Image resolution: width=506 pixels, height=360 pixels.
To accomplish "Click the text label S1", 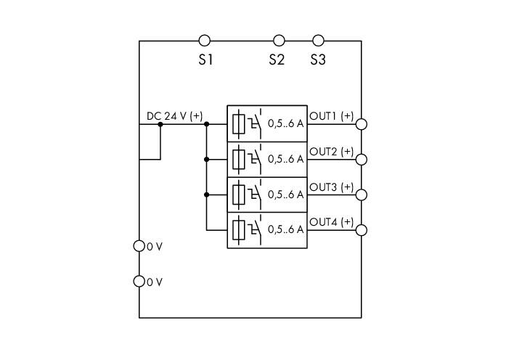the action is (205, 60).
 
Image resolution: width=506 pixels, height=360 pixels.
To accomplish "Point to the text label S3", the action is (318, 60).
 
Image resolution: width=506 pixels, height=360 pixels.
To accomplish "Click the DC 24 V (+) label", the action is (174, 116).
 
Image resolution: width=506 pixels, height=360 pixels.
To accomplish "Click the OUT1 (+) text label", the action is (332, 116).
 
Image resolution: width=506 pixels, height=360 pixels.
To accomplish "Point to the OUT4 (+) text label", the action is (332, 222).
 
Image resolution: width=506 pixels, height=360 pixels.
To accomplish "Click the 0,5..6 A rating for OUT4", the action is (286, 229).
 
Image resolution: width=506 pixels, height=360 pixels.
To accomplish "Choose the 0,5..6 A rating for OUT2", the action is (286, 159).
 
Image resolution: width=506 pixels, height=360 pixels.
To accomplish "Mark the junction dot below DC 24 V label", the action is (160, 124).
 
